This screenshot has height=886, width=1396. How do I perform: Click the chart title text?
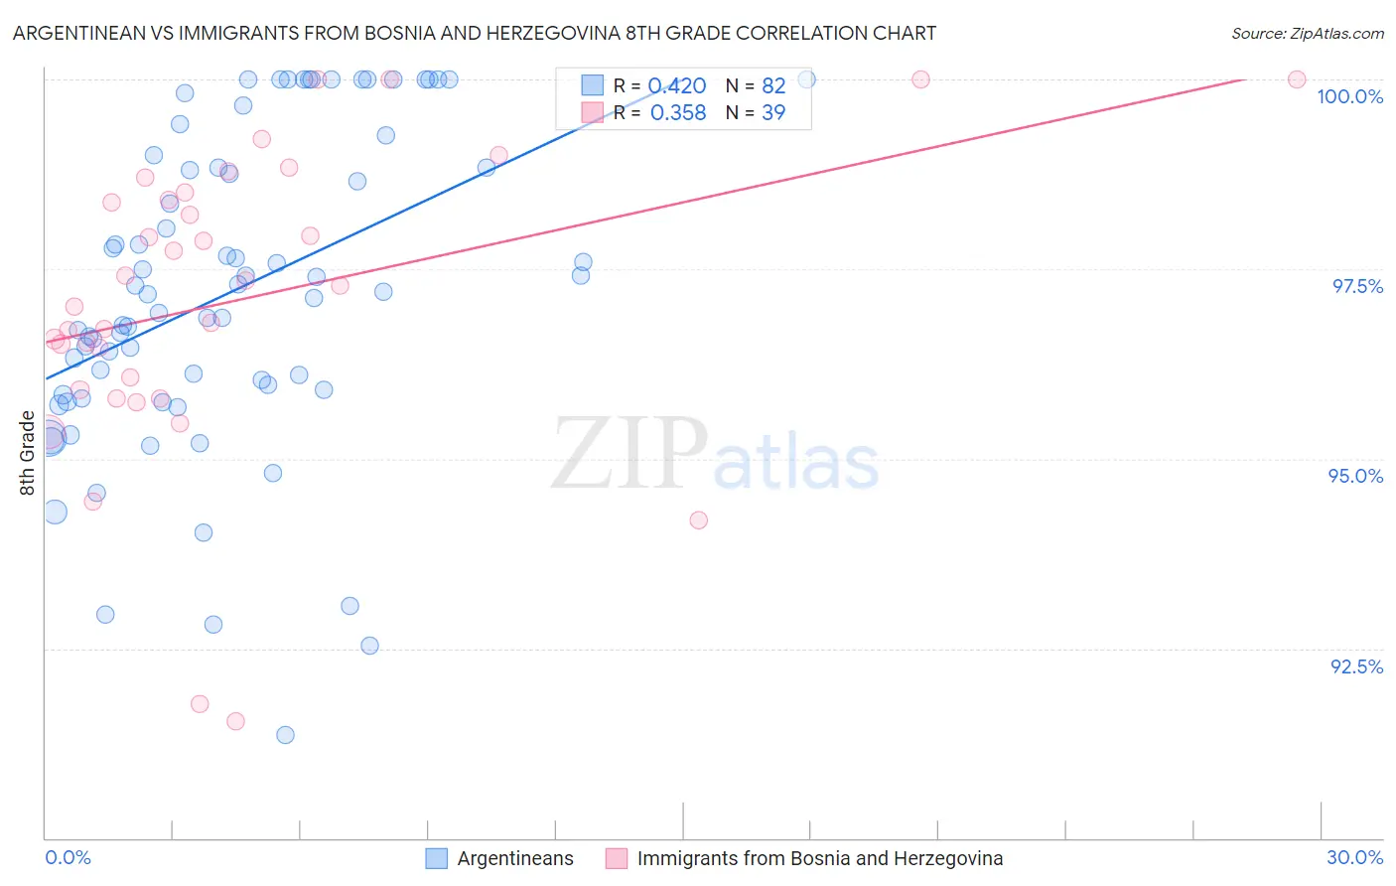475,34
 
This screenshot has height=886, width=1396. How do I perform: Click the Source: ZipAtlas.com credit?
1307,34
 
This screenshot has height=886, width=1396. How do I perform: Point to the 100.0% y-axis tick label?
1349,96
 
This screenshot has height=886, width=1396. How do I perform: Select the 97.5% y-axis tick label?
1357,286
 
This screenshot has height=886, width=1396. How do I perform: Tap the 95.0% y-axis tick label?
1355,476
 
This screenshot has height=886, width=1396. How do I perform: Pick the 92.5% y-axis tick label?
1356,666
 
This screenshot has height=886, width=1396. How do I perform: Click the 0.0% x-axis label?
68,857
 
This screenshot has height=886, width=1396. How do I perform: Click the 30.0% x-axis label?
1354,857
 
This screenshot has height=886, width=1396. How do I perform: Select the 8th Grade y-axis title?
28,453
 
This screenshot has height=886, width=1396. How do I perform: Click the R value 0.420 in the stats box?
677,86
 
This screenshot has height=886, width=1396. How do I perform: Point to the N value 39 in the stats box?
773,113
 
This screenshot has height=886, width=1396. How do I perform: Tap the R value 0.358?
677,113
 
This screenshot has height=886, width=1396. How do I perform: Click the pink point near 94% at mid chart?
698,520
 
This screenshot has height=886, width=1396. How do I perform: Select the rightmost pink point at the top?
1296,79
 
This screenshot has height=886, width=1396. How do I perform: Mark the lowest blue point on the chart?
285,735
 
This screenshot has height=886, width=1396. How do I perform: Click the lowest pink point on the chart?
235,721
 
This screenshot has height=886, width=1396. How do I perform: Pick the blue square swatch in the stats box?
592,85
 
